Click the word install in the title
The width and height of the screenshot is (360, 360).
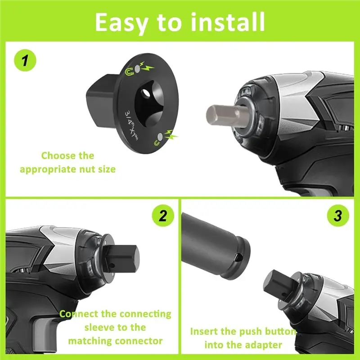228,22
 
